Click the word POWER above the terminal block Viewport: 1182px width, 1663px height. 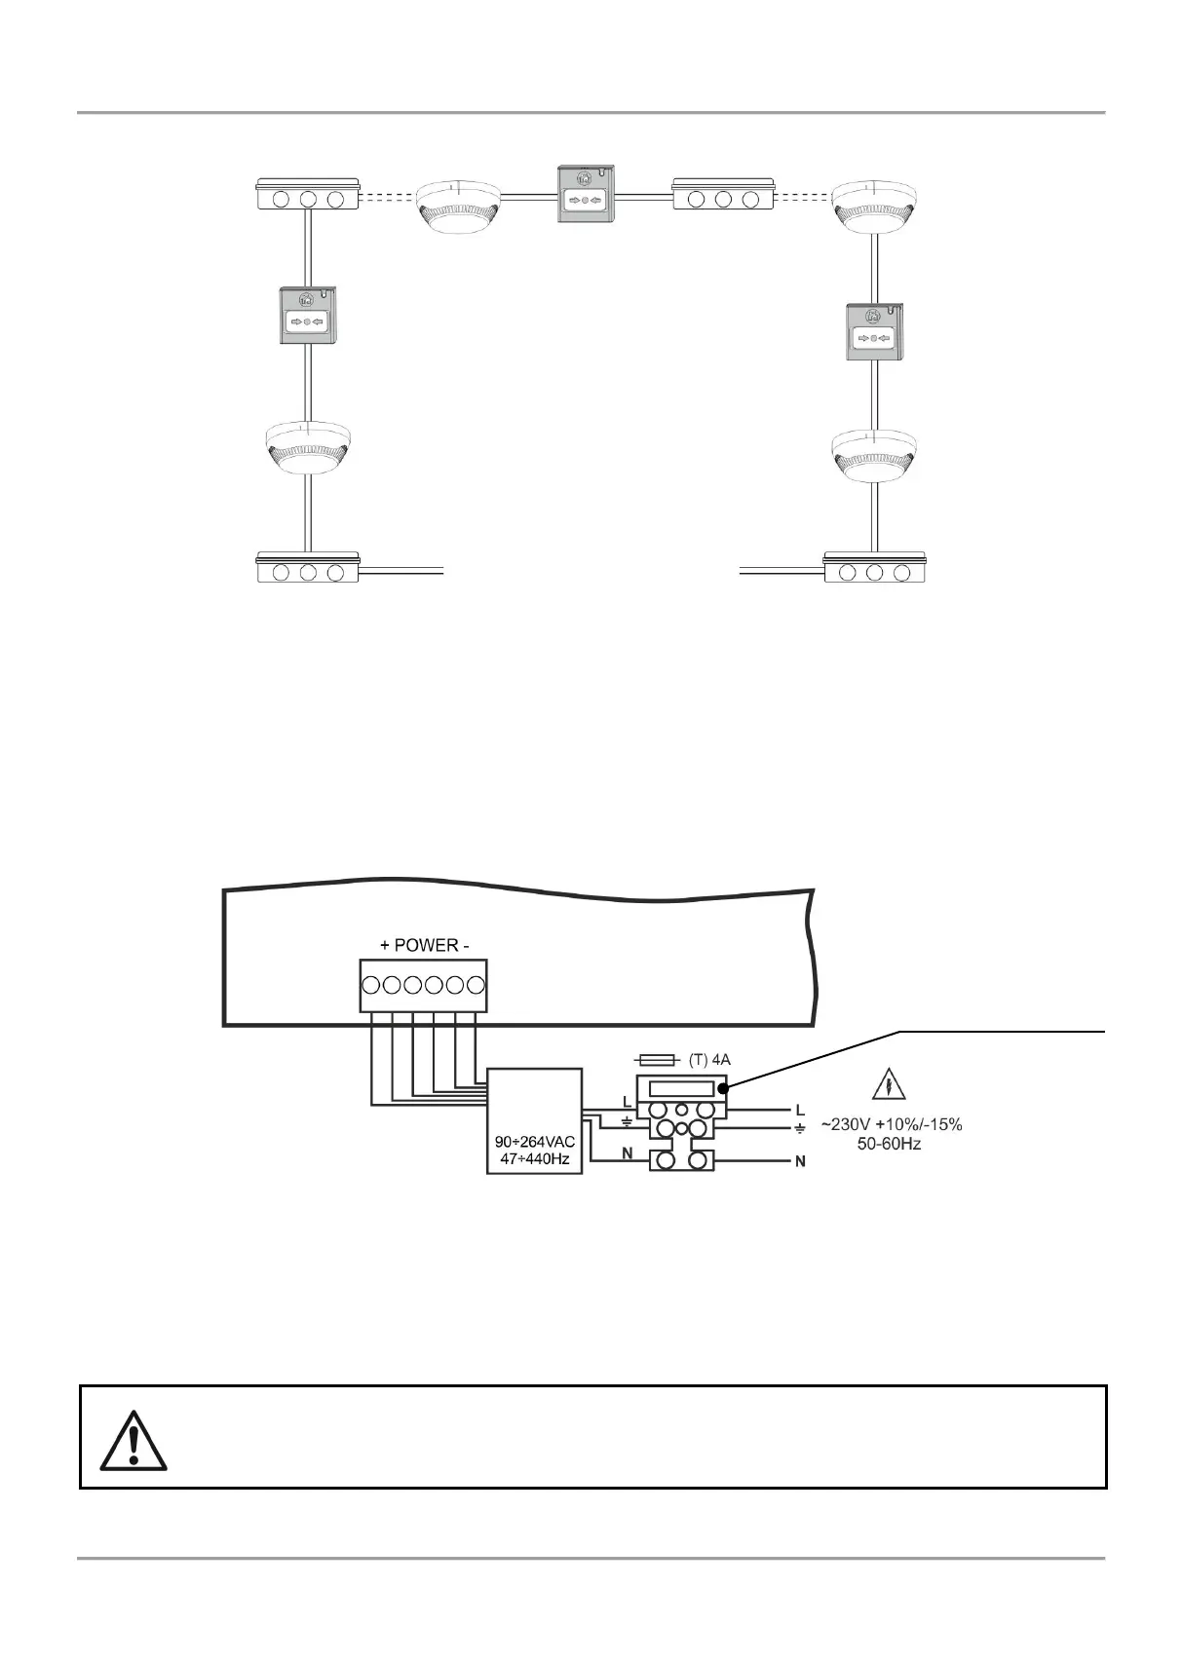pyautogui.click(x=426, y=945)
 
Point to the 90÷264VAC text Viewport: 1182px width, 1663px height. pyautogui.click(x=535, y=1142)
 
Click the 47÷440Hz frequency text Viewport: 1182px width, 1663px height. pyautogui.click(x=535, y=1159)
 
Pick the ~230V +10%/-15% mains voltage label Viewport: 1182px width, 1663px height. pyautogui.click(x=892, y=1125)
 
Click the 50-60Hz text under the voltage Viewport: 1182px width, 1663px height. pyautogui.click(x=892, y=1144)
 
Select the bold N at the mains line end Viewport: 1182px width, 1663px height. pyautogui.click(x=801, y=1162)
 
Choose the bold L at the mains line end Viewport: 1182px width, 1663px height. pyautogui.click(x=801, y=1111)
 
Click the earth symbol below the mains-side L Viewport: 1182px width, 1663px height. pyautogui.click(x=800, y=1129)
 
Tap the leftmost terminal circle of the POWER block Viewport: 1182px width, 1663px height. pyautogui.click(x=370, y=985)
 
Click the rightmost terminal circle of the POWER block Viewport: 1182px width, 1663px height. pyautogui.click(x=476, y=985)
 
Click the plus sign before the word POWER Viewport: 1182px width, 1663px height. pyautogui.click(x=385, y=945)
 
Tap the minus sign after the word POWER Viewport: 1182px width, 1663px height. pyautogui.click(x=466, y=945)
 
